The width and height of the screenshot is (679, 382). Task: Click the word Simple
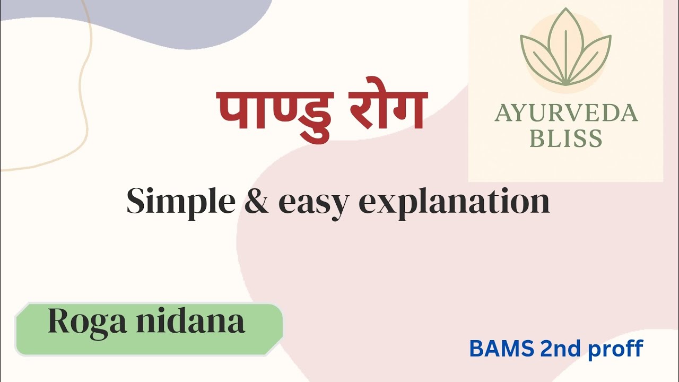(x=180, y=202)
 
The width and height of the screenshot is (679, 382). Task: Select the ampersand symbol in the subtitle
(x=257, y=202)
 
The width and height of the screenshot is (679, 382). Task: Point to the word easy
(x=313, y=203)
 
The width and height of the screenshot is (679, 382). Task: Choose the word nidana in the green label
(x=190, y=321)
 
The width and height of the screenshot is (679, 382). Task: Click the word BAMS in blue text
(x=501, y=349)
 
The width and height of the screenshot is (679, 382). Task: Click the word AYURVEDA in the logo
(x=565, y=113)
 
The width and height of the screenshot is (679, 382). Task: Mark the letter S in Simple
(x=136, y=202)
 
